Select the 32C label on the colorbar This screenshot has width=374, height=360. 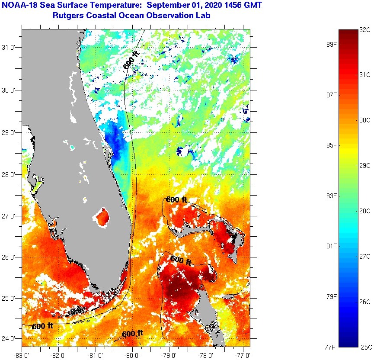(x=365, y=30)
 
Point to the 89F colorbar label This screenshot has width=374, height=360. (x=331, y=44)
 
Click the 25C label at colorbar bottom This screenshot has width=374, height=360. (x=365, y=347)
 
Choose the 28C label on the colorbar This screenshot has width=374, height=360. (x=365, y=211)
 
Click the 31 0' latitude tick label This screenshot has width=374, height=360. (x=10, y=48)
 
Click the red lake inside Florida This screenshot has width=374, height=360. (x=103, y=217)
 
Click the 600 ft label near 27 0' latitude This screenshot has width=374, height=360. (x=176, y=200)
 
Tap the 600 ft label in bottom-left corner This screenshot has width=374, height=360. (x=42, y=326)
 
